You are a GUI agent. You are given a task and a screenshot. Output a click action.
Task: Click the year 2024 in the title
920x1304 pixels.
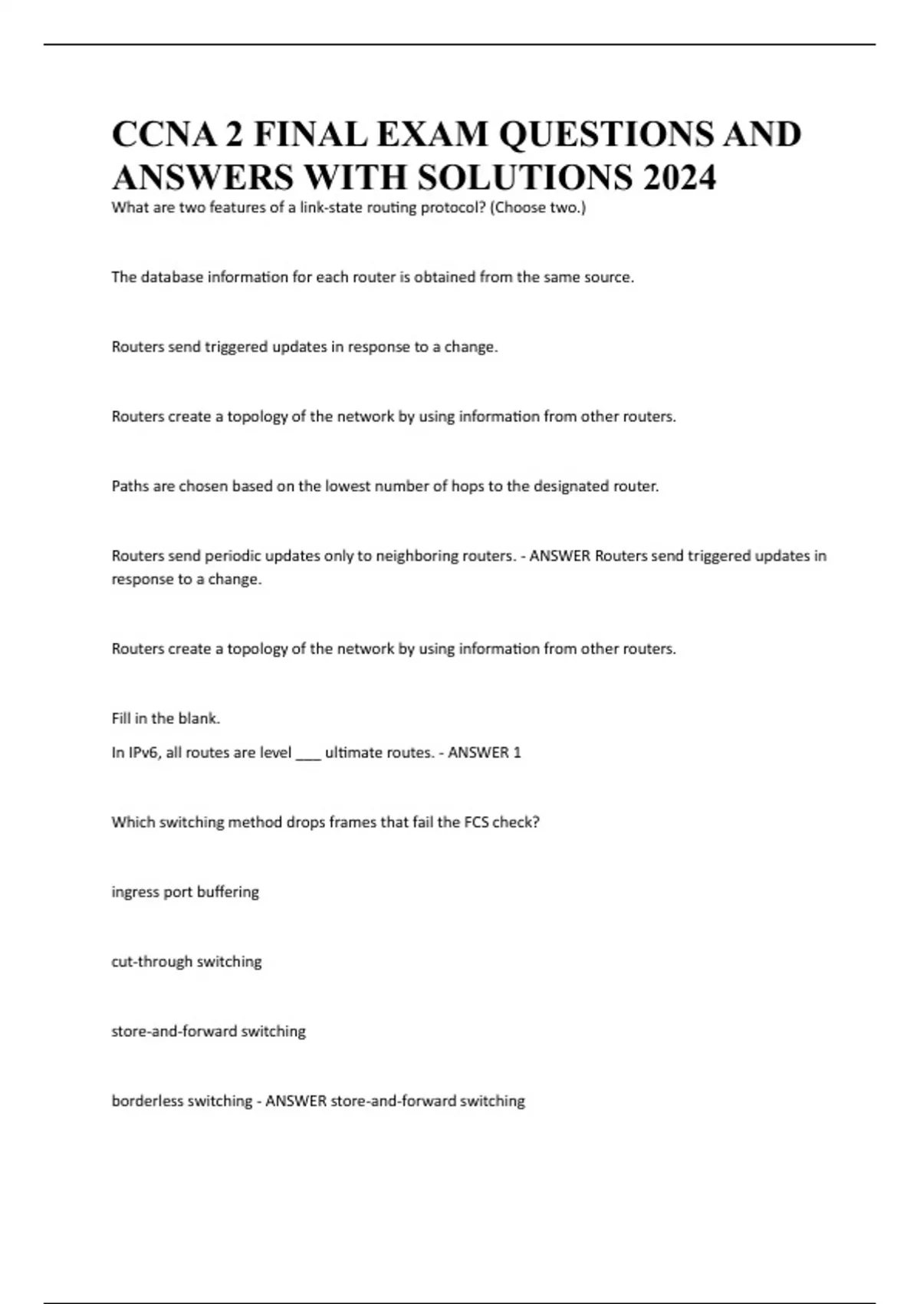tap(679, 177)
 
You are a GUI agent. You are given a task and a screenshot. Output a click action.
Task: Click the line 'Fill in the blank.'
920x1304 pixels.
tap(166, 718)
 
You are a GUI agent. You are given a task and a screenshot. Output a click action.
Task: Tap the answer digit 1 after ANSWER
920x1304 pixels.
tap(517, 752)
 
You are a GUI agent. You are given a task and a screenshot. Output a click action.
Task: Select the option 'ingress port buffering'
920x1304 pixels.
tap(185, 891)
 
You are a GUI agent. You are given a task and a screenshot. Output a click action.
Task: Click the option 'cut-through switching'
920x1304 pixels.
tap(186, 961)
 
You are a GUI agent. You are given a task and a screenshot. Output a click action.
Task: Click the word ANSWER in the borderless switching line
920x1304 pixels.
tap(295, 1101)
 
